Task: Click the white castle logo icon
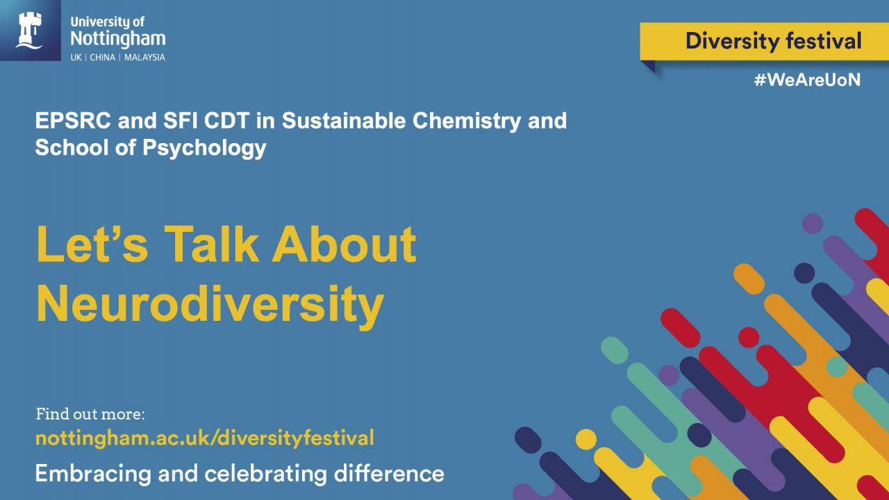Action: tap(29, 30)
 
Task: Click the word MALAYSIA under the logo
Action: tap(144, 58)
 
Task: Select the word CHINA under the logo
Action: tap(102, 58)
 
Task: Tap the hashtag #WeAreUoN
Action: tap(807, 80)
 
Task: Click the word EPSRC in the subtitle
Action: tap(73, 120)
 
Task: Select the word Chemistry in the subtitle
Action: tap(467, 122)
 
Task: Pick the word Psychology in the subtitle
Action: tap(204, 149)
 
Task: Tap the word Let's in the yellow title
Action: tap(92, 243)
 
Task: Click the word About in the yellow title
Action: tap(344, 243)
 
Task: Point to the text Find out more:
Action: tap(90, 414)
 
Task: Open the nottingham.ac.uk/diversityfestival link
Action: tap(205, 438)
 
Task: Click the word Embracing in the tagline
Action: tap(93, 474)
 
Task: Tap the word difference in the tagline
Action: tap(389, 474)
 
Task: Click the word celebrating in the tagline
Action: tap(265, 474)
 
